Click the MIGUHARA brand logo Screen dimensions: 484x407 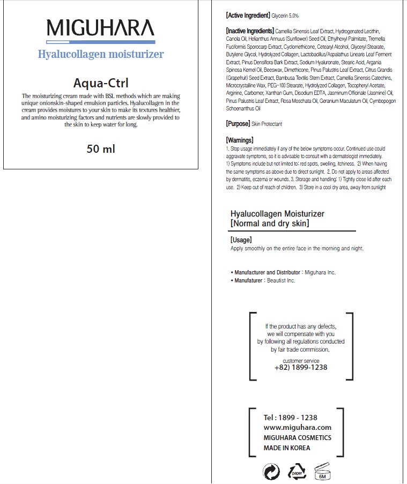coord(100,28)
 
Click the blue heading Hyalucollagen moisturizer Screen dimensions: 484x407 coord(101,54)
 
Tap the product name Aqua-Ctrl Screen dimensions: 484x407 coord(101,83)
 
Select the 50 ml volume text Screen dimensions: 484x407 coord(101,148)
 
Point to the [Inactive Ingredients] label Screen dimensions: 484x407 coord(250,31)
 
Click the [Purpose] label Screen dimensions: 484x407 coord(238,124)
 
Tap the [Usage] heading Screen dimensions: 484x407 coord(241,240)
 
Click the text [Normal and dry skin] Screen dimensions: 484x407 coord(270,223)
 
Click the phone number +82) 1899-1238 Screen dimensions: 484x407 coord(301,368)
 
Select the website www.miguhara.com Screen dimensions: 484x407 coord(298,427)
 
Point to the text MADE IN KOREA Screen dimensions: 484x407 coord(287,448)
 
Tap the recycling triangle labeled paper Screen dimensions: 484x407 coord(297,471)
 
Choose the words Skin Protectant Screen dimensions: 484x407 coord(267,124)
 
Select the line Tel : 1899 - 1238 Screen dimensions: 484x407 coord(291,418)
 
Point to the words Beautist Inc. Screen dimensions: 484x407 coord(281,280)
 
